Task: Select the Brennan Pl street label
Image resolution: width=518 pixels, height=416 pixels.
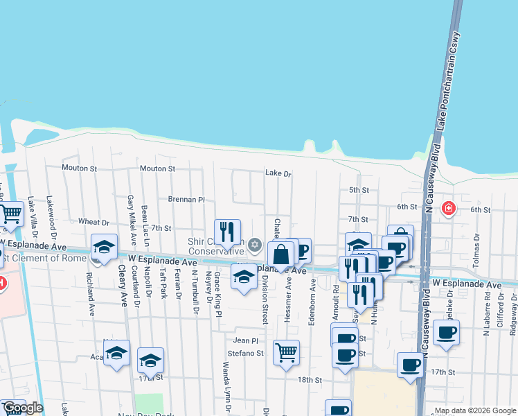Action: [x=187, y=199]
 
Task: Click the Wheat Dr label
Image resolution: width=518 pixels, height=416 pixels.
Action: [x=94, y=222]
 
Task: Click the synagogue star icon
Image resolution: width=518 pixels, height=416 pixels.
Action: [x=254, y=243]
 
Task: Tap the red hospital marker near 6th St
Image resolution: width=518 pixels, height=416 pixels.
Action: [x=449, y=207]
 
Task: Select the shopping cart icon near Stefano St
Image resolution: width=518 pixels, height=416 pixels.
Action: [x=286, y=352]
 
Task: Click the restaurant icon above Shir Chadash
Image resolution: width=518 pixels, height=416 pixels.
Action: [x=227, y=232]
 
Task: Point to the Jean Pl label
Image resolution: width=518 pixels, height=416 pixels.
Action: [x=245, y=340]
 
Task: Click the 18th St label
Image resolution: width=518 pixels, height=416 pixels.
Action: [x=310, y=380]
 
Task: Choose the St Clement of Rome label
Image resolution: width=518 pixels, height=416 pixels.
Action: [x=45, y=259]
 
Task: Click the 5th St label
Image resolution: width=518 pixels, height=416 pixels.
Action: [x=358, y=190]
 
